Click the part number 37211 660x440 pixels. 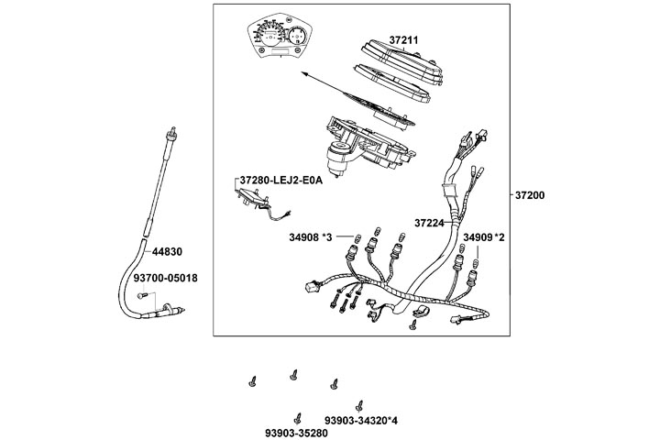(x=403, y=40)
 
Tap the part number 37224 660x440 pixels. (x=429, y=223)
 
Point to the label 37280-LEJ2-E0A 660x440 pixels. (x=280, y=181)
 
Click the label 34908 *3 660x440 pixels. (x=312, y=238)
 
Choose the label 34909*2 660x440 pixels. (x=483, y=237)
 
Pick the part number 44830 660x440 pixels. (x=167, y=250)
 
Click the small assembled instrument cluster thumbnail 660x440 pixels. (x=275, y=38)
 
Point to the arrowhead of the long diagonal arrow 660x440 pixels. (x=303, y=70)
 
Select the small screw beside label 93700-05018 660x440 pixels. (x=141, y=295)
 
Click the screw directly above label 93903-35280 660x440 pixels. (x=297, y=413)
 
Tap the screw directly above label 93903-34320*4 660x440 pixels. (x=360, y=404)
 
